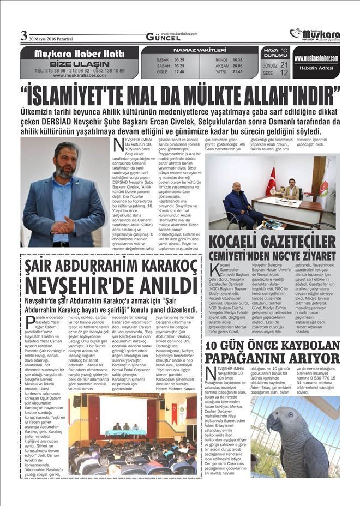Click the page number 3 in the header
(x=23, y=36)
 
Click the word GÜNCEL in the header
(x=163, y=38)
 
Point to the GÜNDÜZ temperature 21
(x=284, y=64)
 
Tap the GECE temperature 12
(x=284, y=73)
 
